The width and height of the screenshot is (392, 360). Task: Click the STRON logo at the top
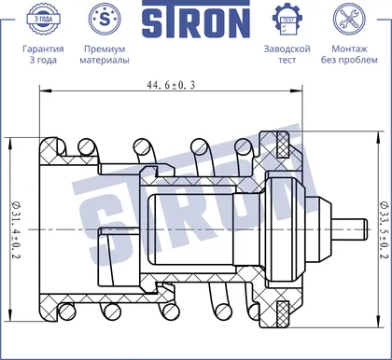coord(196,20)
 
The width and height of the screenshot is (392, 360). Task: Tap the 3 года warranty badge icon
coord(43,19)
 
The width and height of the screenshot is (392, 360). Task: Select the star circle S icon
coord(105,19)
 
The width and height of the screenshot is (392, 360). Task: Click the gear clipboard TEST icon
coord(287,20)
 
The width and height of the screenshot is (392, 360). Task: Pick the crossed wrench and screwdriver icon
coord(349,19)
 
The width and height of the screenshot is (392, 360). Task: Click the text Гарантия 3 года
coord(43,54)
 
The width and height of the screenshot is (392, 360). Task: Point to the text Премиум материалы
coord(105,54)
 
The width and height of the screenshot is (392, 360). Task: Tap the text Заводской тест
coord(287,54)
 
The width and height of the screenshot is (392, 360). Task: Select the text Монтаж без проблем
coord(349,54)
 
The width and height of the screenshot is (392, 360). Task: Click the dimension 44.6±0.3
coord(171,85)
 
